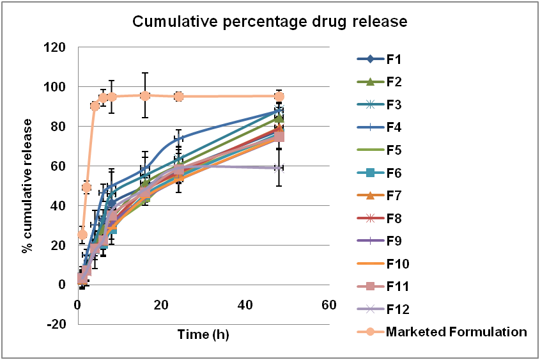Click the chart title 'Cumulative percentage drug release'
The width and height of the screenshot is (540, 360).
pos(269,22)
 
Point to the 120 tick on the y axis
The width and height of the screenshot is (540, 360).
pos(57,47)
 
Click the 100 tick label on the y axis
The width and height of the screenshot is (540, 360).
pos(57,87)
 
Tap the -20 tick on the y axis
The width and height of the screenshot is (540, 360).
pos(58,324)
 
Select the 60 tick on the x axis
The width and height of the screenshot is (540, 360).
pos(328,305)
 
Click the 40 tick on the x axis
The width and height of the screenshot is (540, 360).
pos(245,305)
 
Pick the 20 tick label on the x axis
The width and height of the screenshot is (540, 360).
pos(161,305)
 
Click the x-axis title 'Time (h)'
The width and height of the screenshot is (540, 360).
pos(203,334)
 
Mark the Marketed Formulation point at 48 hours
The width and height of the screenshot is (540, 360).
pos(279,96)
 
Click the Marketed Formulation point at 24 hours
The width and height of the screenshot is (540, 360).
pos(178,96)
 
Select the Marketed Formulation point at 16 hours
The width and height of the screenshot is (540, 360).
pos(145,95)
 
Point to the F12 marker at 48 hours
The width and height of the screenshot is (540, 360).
pos(279,168)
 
